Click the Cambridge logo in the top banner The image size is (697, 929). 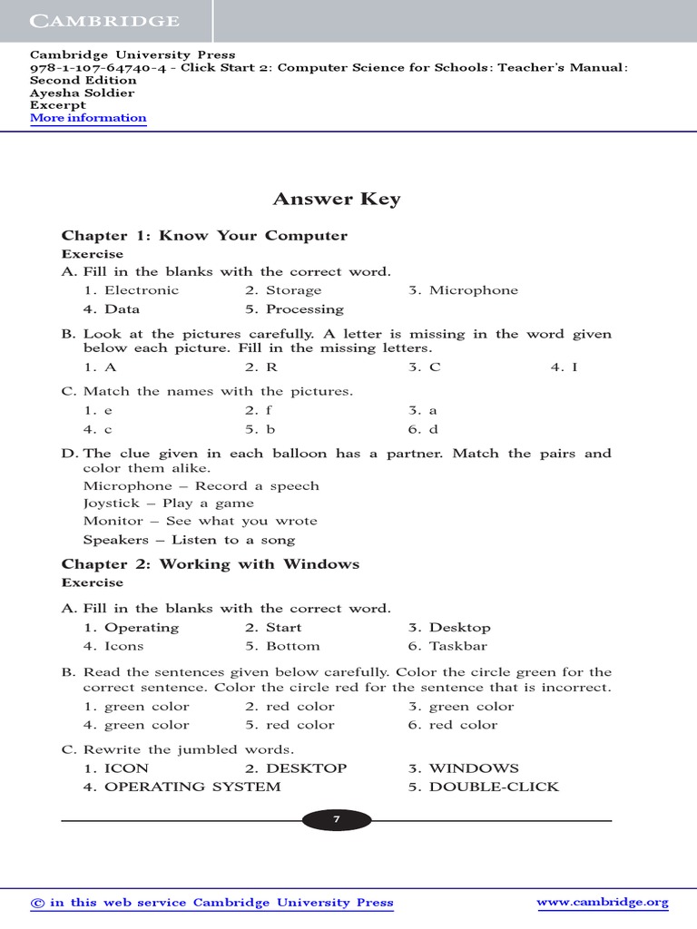[x=103, y=21]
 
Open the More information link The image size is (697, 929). [x=88, y=118]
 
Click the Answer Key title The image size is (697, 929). [x=337, y=200]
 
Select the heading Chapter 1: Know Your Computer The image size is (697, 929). [x=204, y=236]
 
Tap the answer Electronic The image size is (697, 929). [x=142, y=290]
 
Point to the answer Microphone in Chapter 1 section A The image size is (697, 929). [x=473, y=290]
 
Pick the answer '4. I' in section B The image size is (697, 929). [x=564, y=367]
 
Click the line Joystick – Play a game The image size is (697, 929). [x=169, y=504]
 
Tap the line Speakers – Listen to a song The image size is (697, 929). [x=189, y=540]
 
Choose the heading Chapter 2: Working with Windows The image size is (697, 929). [x=211, y=564]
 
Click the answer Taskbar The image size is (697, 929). [x=457, y=646]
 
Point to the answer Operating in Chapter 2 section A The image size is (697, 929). [x=142, y=628]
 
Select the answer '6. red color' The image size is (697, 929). [x=453, y=725]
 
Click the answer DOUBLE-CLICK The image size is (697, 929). [x=494, y=787]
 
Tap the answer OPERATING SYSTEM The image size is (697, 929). [x=192, y=787]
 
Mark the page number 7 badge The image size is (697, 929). [x=336, y=820]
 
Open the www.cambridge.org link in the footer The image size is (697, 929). [x=603, y=902]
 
